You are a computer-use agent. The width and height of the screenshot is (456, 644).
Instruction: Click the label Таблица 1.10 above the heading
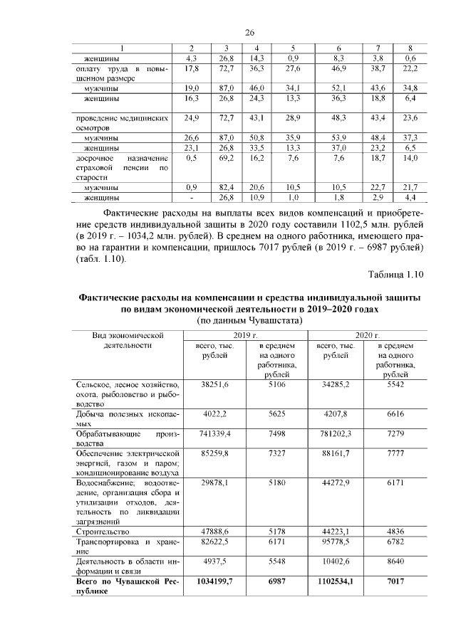395,275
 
